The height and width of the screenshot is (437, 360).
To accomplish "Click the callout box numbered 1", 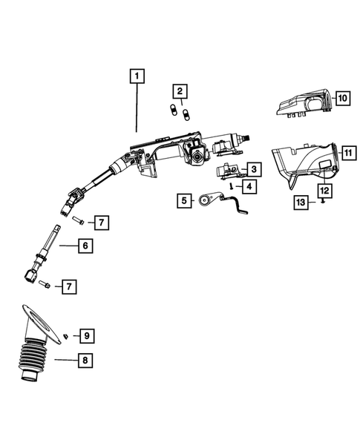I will [x=137, y=75].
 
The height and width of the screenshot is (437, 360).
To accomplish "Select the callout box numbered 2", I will [x=179, y=91].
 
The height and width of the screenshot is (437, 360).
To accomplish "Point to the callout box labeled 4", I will [x=248, y=186].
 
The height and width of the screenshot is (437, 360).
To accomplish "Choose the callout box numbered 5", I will [x=183, y=200].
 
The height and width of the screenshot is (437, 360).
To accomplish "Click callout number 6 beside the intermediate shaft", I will [x=85, y=245].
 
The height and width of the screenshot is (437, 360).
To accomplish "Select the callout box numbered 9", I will [x=86, y=336].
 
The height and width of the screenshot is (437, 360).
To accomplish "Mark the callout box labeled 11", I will [x=347, y=154].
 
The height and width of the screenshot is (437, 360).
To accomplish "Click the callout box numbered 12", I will [x=324, y=190].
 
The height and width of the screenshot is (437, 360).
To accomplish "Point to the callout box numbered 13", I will [x=299, y=202].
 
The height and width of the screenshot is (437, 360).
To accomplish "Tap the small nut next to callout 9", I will [x=66, y=337].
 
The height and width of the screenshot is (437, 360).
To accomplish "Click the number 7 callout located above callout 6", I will [x=101, y=221].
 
